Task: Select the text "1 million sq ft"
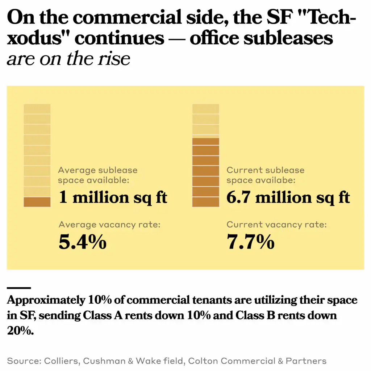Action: coord(113,198)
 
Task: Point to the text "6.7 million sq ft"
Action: coord(288,198)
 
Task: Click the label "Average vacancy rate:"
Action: coord(109,225)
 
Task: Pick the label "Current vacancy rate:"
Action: coord(276,225)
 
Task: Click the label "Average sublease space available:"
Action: coord(98,175)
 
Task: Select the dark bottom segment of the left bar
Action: coord(37,202)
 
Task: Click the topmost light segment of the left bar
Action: coord(37,109)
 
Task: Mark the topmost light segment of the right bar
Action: coord(205,109)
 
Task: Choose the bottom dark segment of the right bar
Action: coord(205,202)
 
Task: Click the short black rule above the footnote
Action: coord(19,288)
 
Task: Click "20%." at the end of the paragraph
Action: coord(20,330)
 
